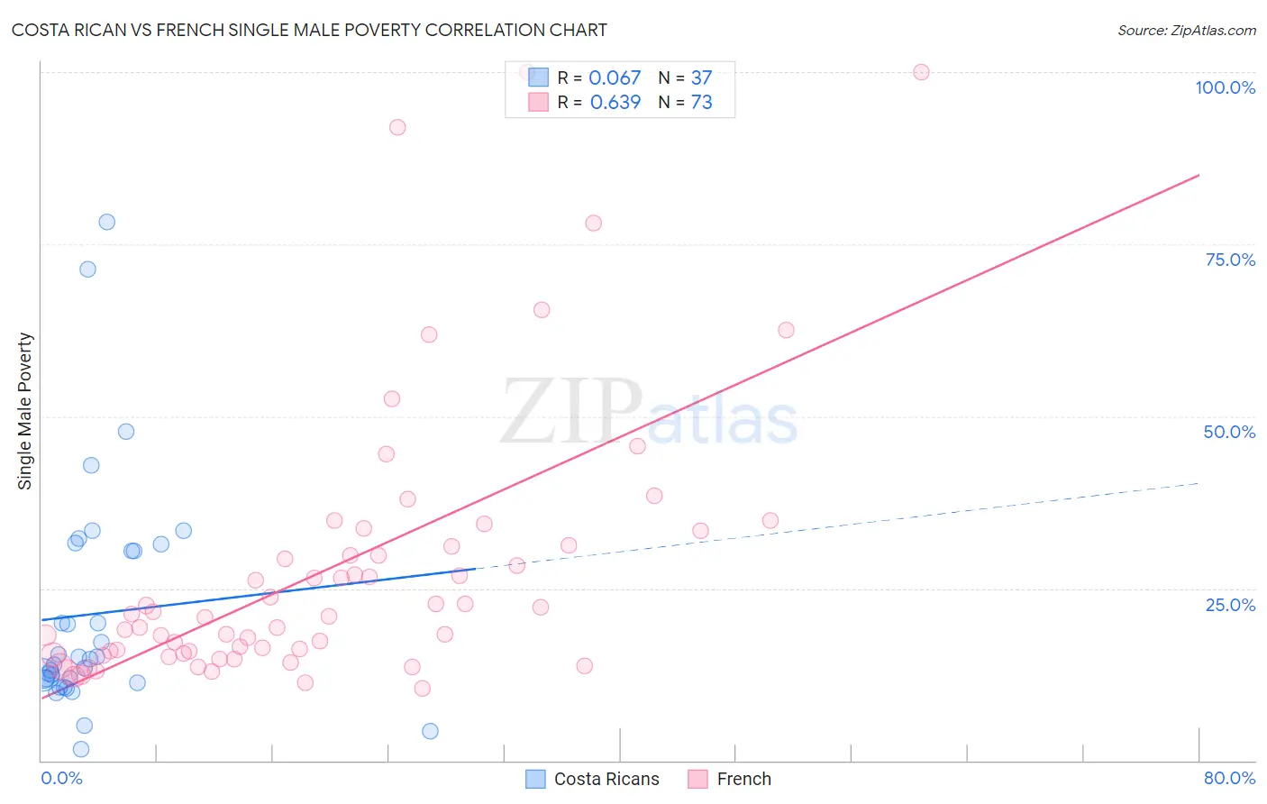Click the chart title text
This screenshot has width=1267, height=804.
coord(309,30)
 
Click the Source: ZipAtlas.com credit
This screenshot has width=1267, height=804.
coord(1186,30)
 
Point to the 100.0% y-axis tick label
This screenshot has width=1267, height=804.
coord(1225,87)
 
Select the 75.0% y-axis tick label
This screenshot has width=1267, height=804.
coord(1229,260)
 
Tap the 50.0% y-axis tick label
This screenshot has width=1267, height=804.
coord(1229,432)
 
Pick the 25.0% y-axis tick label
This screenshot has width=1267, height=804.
coord(1229,605)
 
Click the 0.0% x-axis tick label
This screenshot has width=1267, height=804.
coord(61,778)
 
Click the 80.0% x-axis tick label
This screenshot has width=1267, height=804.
coord(1229,778)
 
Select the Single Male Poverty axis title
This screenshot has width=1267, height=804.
coord(25,411)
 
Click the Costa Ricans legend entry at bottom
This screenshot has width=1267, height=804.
coord(592,779)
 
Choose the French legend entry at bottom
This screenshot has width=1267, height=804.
coord(729,779)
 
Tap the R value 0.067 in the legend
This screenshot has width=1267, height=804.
coord(615,78)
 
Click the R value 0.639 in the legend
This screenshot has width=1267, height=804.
coord(615,102)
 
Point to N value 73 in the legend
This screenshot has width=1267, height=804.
coord(701,102)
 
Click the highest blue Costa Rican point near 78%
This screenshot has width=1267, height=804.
coord(106,222)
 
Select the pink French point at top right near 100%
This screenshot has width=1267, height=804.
coord(921,72)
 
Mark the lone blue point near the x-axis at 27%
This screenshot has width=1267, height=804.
coord(430,731)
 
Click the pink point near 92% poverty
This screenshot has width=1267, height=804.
coord(397,127)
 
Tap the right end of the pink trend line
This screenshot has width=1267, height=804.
coord(1199,175)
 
